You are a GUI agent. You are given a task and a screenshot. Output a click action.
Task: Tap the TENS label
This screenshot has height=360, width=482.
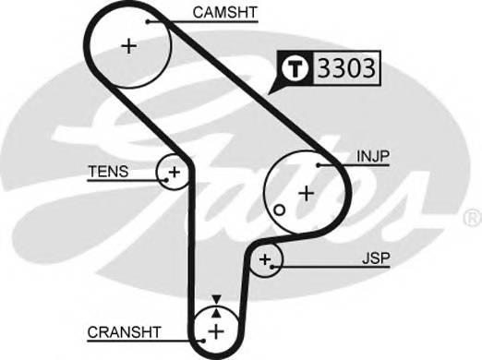pyautogui.click(x=108, y=171)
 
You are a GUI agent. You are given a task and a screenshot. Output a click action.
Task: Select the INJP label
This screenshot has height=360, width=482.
pyautogui.click(x=374, y=158)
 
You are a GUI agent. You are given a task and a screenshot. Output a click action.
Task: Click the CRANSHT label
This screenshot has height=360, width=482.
pyautogui.click(x=125, y=331)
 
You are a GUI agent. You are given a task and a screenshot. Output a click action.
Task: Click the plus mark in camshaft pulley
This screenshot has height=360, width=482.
pyautogui.click(x=129, y=45)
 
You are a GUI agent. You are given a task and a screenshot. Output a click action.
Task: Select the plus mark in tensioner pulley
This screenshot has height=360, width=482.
pyautogui.click(x=173, y=172)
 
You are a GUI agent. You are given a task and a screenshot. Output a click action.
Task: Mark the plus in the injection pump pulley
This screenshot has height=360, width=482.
pyautogui.click(x=306, y=192)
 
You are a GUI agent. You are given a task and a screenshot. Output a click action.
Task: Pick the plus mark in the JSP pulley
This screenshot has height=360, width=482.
pyautogui.click(x=266, y=260)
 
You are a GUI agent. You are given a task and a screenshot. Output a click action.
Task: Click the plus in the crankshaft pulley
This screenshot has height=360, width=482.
pyautogui.click(x=215, y=330)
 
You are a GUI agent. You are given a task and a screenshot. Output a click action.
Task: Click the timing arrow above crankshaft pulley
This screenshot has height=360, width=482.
pyautogui.click(x=216, y=302)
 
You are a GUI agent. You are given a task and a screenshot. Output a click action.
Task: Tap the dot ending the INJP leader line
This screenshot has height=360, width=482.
pyautogui.click(x=318, y=164)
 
